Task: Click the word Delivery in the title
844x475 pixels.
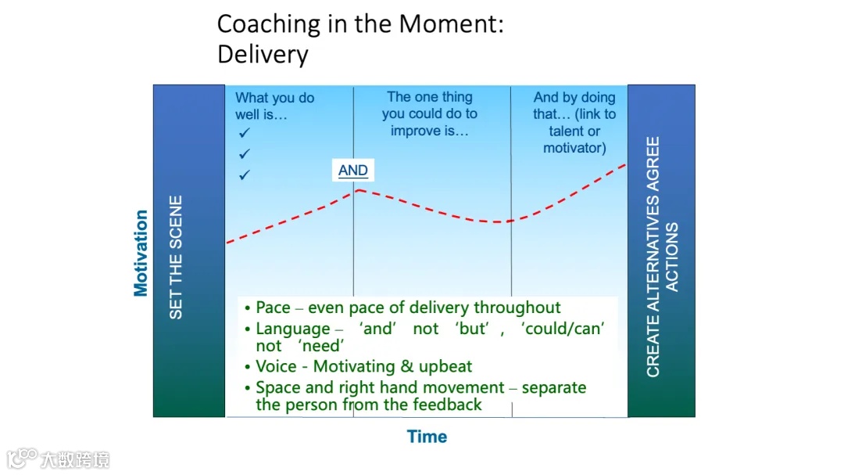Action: point(263,55)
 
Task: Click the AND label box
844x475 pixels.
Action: point(353,171)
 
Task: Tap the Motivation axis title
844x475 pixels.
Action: point(141,253)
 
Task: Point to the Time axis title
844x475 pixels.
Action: point(427,436)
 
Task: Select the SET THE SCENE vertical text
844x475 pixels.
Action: point(176,257)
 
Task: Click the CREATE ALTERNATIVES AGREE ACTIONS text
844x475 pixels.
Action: point(662,257)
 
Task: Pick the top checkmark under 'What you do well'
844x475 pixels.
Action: point(245,132)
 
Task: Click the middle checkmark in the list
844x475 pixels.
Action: point(245,153)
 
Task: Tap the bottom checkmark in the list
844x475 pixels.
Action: point(245,175)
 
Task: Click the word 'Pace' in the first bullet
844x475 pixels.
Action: point(273,308)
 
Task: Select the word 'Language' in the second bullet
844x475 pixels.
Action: point(293,329)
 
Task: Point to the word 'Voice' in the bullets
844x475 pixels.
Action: point(276,366)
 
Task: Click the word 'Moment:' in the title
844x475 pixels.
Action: point(451,24)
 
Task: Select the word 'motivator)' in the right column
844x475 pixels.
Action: point(574,148)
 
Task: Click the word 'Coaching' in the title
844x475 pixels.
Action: point(269,25)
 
